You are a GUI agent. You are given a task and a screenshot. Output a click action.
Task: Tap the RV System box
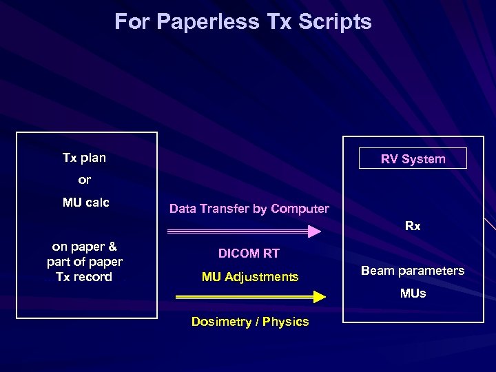point(413,159)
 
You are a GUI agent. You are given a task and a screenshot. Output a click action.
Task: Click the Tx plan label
point(84,158)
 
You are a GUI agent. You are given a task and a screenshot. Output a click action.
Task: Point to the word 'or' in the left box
point(84,180)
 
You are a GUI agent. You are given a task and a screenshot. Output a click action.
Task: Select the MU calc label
point(86,203)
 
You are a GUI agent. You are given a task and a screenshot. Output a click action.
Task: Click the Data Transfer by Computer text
point(249,209)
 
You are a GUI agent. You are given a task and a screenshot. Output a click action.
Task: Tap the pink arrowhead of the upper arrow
point(314,231)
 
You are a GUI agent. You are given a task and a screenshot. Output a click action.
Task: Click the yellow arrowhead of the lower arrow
point(319,297)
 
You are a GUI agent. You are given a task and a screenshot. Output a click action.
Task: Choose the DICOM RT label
point(249,254)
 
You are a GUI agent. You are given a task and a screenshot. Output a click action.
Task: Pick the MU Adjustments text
point(249,277)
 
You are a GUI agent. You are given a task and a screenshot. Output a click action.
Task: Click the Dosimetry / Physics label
point(249,322)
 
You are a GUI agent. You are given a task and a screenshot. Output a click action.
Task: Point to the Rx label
point(413,226)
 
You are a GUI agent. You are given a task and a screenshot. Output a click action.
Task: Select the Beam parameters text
point(413,271)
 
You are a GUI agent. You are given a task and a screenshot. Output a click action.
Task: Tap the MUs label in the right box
point(413,293)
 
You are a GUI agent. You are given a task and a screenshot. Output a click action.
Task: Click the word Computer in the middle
point(301,209)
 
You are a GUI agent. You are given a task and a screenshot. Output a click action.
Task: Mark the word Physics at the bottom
point(286,322)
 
